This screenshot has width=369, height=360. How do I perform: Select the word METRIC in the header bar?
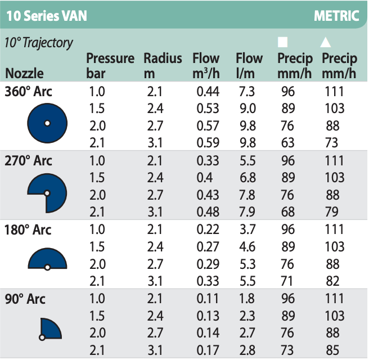[336, 15]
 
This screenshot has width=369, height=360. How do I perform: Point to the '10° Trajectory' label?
[39, 43]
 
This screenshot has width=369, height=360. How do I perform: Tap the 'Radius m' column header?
[163, 66]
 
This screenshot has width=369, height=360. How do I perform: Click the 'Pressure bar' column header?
[110, 66]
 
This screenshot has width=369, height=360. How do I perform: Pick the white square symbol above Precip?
[283, 43]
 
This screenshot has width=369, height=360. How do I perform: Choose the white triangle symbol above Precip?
[325, 43]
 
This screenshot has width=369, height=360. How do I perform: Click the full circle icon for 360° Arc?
[48, 123]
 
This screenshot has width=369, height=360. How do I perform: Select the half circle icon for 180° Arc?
[47, 260]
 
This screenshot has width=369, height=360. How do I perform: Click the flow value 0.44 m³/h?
[209, 92]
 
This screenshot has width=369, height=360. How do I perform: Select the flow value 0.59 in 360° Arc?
[209, 143]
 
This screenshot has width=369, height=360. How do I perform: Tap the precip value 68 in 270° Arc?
[288, 211]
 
